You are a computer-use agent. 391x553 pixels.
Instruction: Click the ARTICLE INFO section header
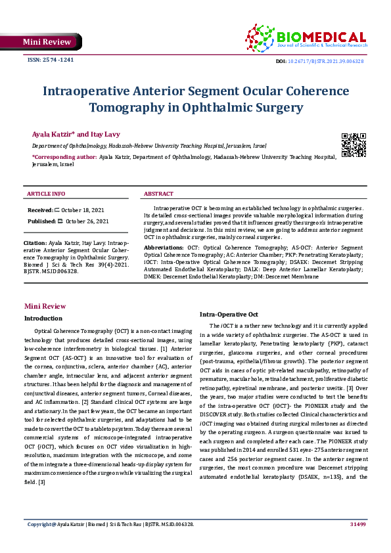46,194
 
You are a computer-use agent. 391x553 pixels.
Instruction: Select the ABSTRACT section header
158,194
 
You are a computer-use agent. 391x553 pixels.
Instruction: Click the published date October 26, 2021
87,221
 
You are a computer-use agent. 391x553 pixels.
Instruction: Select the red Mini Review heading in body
45,306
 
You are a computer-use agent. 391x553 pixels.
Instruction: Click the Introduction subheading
43,318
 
